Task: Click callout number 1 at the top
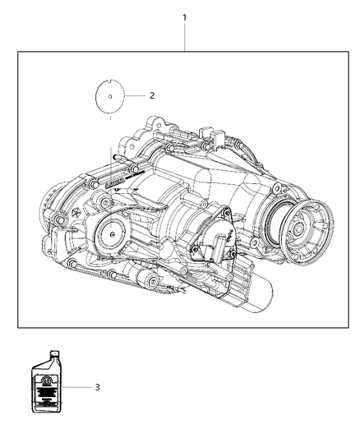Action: coord(185,17)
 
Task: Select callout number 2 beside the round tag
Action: coord(150,95)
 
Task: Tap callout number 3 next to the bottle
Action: coord(97,385)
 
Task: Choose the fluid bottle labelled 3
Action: coord(49,384)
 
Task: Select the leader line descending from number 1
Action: coord(185,37)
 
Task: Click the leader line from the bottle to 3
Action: coord(77,385)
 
